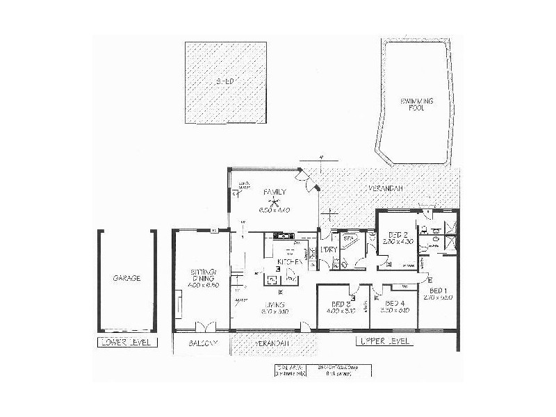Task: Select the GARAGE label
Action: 126,278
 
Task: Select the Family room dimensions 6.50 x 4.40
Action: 274,210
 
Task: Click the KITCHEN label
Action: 289,262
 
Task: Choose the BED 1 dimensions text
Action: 441,297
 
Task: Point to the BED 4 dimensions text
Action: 395,310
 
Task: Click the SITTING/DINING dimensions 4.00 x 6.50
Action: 204,285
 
